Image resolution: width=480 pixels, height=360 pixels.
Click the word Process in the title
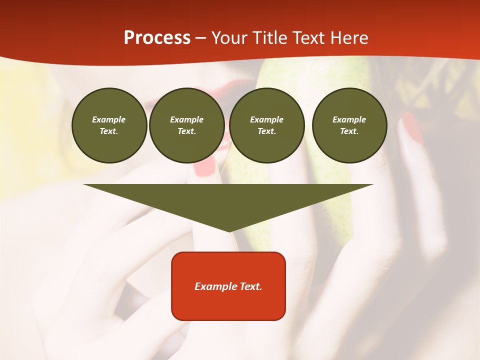[x=157, y=38]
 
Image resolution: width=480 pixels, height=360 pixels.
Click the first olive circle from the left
[x=109, y=125]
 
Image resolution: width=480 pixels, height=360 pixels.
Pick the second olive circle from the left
[x=187, y=125]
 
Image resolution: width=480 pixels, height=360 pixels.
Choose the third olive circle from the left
[x=267, y=125]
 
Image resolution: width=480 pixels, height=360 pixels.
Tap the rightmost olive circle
[x=349, y=125]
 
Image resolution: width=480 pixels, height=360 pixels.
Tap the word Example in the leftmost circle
[x=109, y=119]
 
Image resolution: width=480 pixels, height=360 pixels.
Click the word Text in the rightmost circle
[x=349, y=131]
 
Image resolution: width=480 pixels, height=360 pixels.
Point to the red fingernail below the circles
[x=204, y=167]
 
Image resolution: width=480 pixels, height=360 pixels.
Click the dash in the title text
[x=200, y=38]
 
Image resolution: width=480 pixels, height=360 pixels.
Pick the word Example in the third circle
[x=267, y=119]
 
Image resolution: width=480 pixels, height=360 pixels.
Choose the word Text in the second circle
[x=186, y=131]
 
